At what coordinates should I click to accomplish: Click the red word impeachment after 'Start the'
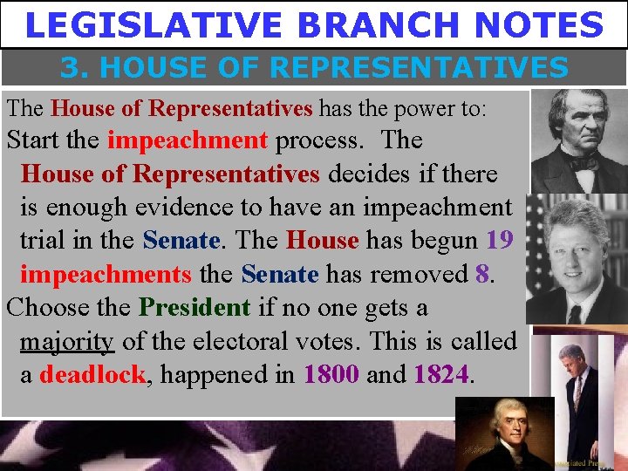pyautogui.click(x=187, y=140)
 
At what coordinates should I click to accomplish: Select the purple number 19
pyautogui.click(x=500, y=240)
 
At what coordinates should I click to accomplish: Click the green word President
pyautogui.click(x=195, y=308)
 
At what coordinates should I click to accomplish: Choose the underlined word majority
pyautogui.click(x=66, y=342)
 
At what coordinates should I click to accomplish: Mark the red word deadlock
pyautogui.click(x=92, y=376)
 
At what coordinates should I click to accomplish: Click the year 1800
pyautogui.click(x=331, y=376)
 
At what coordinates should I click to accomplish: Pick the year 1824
pyautogui.click(x=441, y=376)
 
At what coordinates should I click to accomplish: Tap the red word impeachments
pyautogui.click(x=105, y=274)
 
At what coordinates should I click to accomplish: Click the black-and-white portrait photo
pyautogui.click(x=578, y=140)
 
